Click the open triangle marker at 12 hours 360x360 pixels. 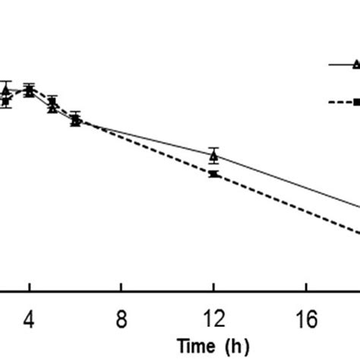pos(213,156)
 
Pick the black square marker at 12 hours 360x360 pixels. pos(213,174)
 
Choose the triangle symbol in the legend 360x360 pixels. pos(355,65)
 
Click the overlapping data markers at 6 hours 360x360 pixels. pos(75,119)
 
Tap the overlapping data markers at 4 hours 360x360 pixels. pos(30,90)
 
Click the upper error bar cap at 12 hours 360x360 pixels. pos(213,147)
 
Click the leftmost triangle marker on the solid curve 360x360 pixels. pos(6,91)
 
